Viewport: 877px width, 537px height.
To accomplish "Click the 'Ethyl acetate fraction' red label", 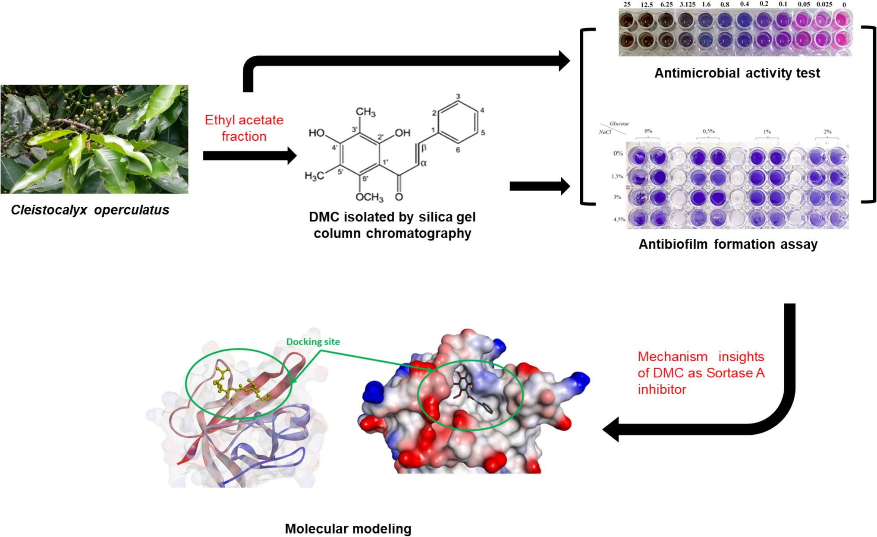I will coord(244,128).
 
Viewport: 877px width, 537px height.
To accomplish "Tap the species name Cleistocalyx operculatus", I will coord(90,210).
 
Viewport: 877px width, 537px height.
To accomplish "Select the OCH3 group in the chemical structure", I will coord(369,197).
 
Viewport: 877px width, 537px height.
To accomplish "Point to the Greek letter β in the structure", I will coord(424,148).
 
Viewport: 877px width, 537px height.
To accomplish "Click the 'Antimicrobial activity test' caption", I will coord(737,73).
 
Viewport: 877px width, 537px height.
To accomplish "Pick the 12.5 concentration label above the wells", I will coord(647,5).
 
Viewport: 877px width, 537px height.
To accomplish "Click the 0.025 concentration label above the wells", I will coord(824,4).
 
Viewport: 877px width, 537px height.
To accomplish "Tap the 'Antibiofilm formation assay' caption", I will coord(728,244).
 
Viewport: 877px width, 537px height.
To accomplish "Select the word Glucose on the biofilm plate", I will coord(619,123).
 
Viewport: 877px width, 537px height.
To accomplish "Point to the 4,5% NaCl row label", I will coord(619,219).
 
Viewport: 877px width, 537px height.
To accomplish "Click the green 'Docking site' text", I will coord(313,342).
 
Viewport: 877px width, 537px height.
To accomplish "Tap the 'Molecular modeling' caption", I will coord(348,529).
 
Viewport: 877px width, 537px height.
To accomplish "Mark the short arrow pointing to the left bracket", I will coord(539,186).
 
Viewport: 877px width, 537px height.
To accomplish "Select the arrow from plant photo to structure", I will coord(249,156).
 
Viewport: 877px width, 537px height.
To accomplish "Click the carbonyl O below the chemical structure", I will coord(399,197).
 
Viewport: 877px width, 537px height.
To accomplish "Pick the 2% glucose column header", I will coord(827,131).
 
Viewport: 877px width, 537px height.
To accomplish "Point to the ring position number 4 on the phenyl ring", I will coord(482,111).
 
